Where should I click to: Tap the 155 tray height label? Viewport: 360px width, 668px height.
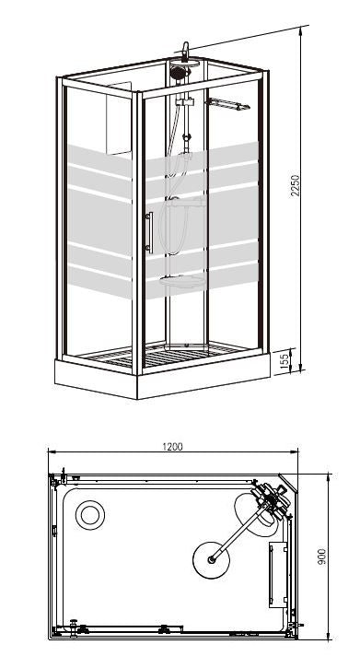(x=286, y=358)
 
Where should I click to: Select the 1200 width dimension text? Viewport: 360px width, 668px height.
(x=171, y=447)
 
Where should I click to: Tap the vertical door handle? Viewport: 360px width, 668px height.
(x=147, y=230)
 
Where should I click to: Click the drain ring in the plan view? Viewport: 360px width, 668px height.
(x=90, y=514)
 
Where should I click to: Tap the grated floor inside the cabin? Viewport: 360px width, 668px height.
(x=184, y=351)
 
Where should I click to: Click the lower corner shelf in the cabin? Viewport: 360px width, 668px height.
(x=180, y=282)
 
